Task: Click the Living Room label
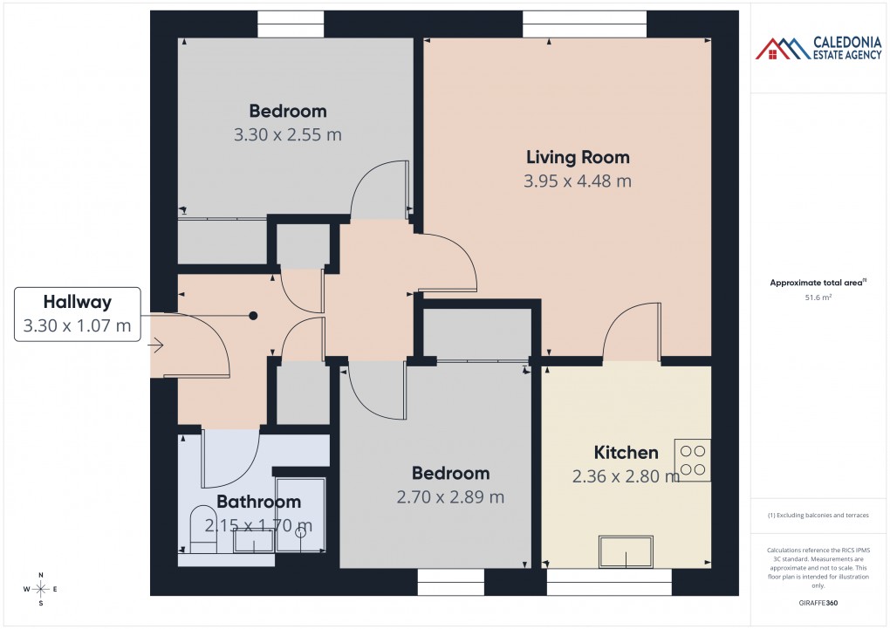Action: (x=577, y=157)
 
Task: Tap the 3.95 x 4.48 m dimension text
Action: (x=577, y=181)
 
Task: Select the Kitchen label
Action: (x=626, y=452)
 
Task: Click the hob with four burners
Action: (x=693, y=460)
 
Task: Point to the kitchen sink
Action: (x=626, y=550)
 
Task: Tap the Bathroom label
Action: (x=258, y=502)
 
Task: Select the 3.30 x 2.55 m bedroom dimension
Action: (x=287, y=135)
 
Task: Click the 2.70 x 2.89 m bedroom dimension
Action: (x=450, y=497)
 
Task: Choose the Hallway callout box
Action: (x=78, y=314)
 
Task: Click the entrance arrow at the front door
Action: (x=156, y=346)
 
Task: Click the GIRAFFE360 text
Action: (x=818, y=602)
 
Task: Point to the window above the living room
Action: (x=585, y=24)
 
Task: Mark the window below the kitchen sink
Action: (x=609, y=582)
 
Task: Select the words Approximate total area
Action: (x=815, y=282)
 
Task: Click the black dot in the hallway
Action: (x=253, y=315)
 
